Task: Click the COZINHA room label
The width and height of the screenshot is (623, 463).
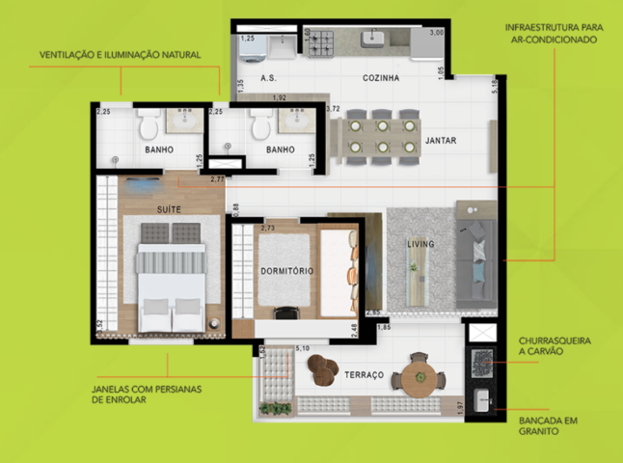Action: [x=381, y=76]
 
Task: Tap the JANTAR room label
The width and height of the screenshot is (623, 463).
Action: [x=439, y=141]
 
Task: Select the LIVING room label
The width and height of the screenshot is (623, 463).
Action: [x=420, y=244]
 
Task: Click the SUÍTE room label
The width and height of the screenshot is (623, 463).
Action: [x=170, y=207]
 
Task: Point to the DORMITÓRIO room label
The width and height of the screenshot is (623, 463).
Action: [x=286, y=272]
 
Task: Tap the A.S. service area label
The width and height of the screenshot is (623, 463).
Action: [x=269, y=76]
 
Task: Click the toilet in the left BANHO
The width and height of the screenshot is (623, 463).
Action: [x=148, y=124]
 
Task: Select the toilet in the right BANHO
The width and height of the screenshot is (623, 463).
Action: [x=257, y=124]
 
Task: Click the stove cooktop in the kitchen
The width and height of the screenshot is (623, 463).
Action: [x=319, y=41]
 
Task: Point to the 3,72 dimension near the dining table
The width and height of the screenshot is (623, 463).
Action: [x=335, y=109]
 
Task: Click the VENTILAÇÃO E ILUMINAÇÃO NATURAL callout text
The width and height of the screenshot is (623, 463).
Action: [x=120, y=55]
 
